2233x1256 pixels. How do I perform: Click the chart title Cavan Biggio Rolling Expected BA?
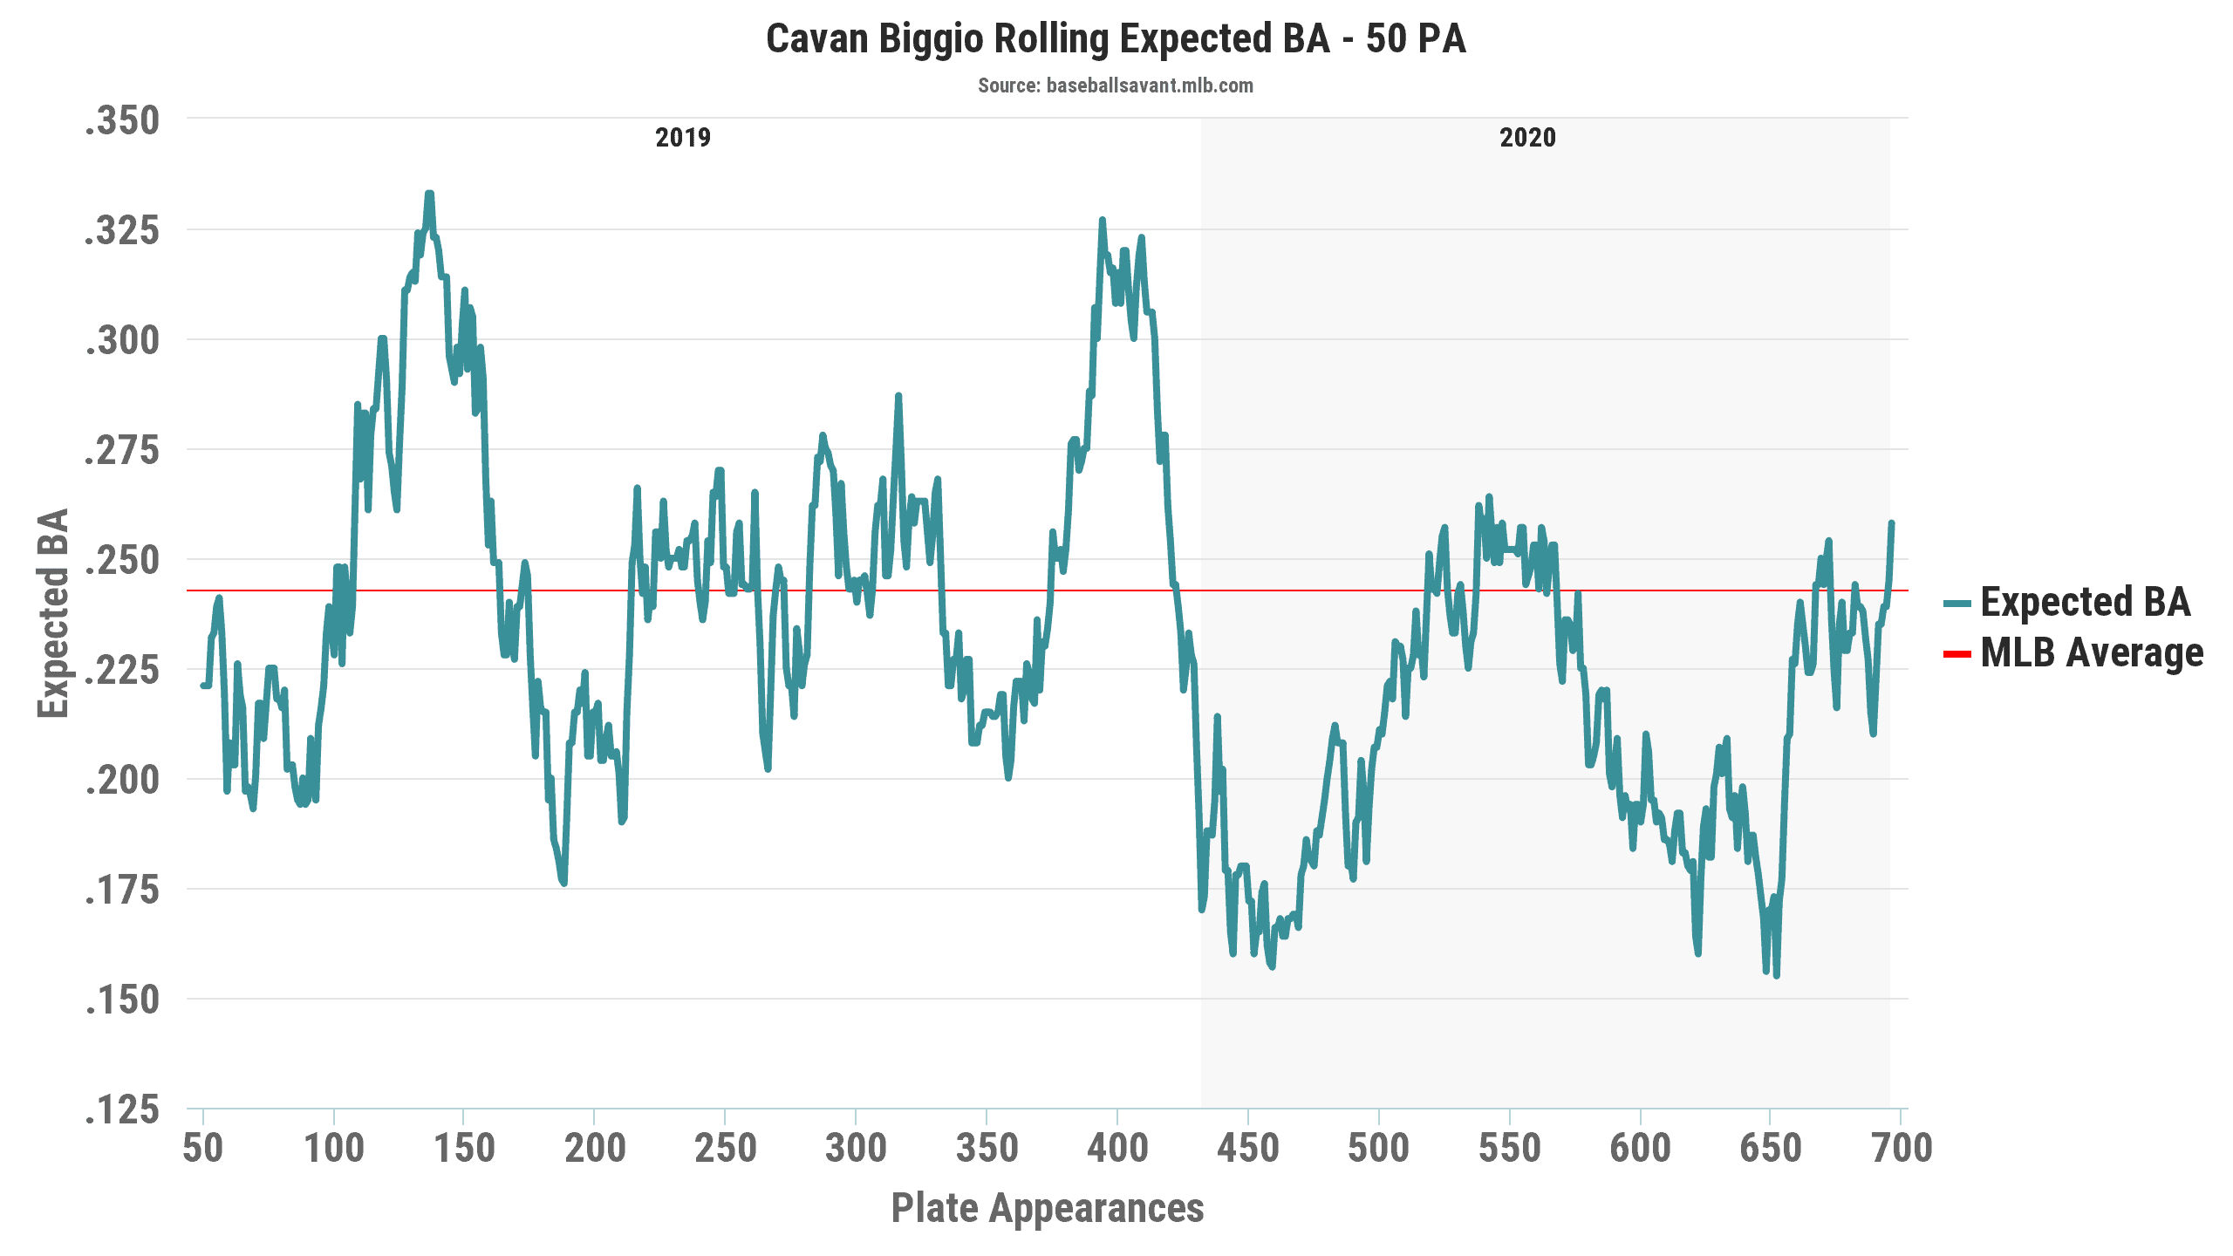1116,39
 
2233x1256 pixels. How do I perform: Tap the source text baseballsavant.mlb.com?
1115,85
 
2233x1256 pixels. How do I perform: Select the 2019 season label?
683,138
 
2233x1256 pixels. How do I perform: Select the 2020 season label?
1527,138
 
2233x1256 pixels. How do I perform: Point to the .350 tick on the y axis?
123,120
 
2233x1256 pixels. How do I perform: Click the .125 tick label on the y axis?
123,1110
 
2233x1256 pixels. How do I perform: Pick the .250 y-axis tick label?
123,560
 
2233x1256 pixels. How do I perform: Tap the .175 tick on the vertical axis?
123,891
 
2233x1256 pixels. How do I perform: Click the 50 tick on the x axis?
203,1148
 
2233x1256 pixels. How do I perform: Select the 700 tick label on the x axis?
1902,1148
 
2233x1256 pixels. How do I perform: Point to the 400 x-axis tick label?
1117,1148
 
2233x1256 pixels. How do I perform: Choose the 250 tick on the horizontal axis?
725,1148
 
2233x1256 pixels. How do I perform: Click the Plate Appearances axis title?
1047,1208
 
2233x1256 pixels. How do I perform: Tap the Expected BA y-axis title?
54,613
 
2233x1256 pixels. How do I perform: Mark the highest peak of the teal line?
429,194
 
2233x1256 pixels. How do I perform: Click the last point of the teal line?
1892,522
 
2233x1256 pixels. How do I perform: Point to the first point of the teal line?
202,686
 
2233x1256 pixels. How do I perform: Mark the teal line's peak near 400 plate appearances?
1103,220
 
